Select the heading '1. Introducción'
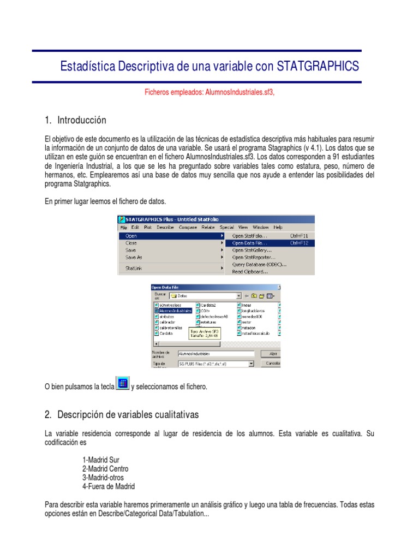[75, 120]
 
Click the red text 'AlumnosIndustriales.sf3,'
[240, 93]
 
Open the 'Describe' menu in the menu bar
[166, 227]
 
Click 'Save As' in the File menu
[134, 257]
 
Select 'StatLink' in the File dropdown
[134, 268]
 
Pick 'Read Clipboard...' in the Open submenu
[250, 271]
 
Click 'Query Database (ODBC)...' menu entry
[259, 264]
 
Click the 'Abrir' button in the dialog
[273, 354]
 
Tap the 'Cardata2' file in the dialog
[208, 305]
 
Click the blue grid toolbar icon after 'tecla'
[123, 383]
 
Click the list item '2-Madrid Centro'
[105, 468]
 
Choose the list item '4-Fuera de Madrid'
[109, 486]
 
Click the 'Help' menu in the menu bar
[278, 227]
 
